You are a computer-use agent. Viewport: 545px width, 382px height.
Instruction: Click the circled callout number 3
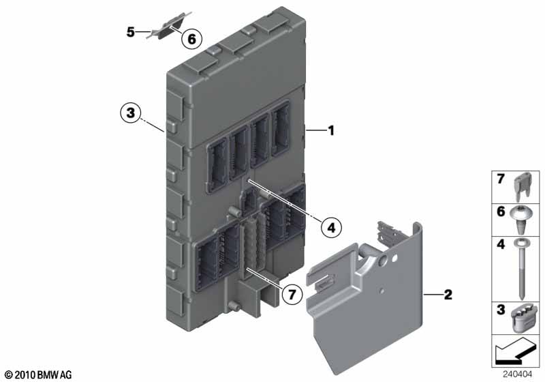tap(130, 113)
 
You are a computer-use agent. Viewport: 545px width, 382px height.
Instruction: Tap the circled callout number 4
tap(331, 228)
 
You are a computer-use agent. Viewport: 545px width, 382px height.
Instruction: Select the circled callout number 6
tap(191, 39)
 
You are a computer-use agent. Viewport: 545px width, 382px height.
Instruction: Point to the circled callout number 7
tap(292, 295)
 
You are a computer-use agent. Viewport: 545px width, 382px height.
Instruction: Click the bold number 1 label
tap(331, 130)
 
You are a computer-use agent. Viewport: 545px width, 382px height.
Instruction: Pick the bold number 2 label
tap(448, 295)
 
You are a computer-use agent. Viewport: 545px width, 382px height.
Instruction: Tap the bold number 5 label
tap(130, 32)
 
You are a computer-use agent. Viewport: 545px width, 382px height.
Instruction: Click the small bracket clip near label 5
tap(169, 25)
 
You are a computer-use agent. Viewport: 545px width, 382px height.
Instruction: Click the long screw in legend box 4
tap(520, 269)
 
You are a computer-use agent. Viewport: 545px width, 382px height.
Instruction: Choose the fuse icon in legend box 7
tap(523, 186)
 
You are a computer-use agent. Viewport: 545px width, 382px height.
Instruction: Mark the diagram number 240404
tap(518, 374)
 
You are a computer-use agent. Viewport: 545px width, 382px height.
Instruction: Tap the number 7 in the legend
tap(501, 179)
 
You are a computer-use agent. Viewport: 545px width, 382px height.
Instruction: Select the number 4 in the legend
tap(501, 244)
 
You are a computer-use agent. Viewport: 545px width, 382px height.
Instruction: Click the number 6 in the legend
tap(501, 211)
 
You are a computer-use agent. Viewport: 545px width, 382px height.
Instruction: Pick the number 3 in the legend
tap(501, 310)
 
